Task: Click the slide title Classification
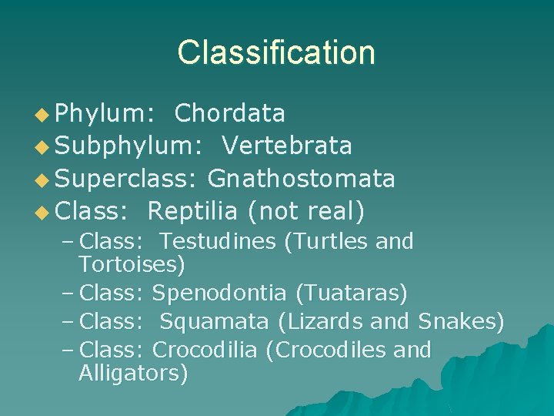(x=276, y=52)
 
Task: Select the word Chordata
(x=230, y=114)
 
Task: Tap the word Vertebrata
(x=287, y=145)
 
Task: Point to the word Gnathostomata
(x=301, y=179)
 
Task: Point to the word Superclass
(x=126, y=179)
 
